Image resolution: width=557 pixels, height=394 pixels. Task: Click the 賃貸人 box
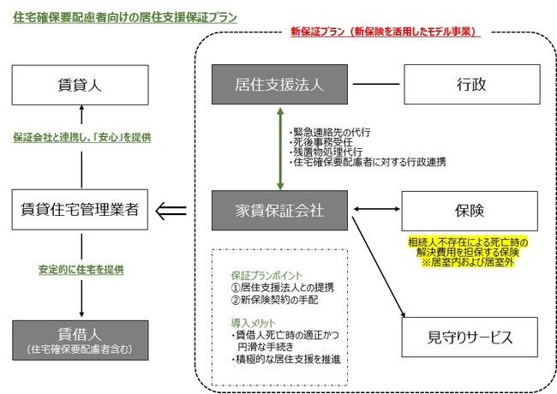coord(80,85)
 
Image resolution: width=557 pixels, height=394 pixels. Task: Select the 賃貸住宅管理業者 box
coord(80,210)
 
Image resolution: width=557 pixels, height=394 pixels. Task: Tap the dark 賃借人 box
coord(81,340)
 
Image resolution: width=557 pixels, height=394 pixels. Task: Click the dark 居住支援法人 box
coord(279,85)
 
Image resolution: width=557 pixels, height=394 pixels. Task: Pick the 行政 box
coord(472,85)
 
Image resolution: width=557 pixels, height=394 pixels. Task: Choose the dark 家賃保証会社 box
coord(279,211)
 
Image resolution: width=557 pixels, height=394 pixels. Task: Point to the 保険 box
coord(470,211)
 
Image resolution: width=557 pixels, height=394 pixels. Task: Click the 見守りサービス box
coord(470,337)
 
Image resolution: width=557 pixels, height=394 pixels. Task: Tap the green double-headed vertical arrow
coord(280,149)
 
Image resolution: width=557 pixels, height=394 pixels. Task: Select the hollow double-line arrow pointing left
coord(171,211)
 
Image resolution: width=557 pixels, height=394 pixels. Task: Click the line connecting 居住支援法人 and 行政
coord(376,84)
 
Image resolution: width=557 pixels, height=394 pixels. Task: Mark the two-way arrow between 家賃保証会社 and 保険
coord(377,209)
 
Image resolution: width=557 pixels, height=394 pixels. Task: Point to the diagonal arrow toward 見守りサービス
coord(379,267)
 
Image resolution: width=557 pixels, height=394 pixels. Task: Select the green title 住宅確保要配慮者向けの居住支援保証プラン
coord(125,17)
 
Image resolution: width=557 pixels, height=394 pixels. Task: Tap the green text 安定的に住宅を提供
coord(81,270)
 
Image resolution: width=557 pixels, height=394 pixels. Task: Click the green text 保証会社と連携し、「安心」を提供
coord(82,137)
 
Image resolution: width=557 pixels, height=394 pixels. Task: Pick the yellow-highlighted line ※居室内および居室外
coord(468,262)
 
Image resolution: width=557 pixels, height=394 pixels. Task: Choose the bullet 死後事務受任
coord(321,142)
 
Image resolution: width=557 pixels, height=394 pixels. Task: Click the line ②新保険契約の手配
coord(274,300)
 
